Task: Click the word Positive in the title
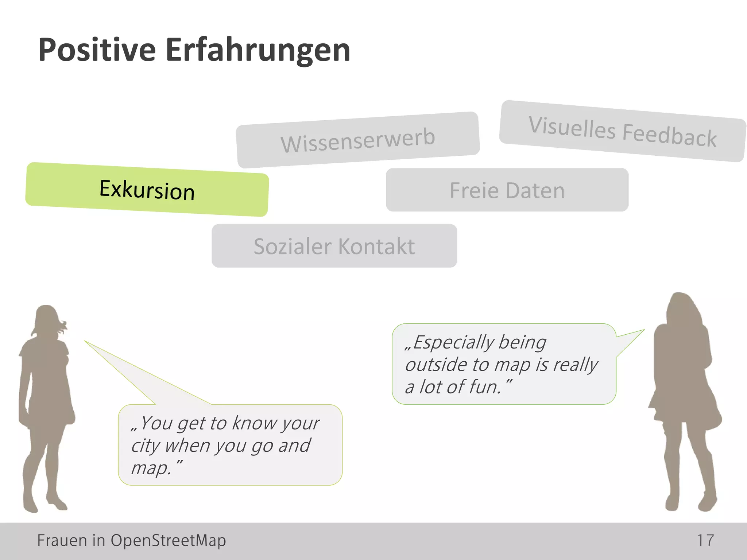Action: tap(97, 50)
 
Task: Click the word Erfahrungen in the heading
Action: tap(258, 50)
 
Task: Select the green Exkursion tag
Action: tap(147, 190)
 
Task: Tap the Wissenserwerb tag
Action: tap(358, 140)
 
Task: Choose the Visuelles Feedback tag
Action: tap(623, 131)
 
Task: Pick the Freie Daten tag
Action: tap(507, 190)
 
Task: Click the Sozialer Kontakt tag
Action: tap(334, 246)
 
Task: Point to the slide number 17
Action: tap(705, 540)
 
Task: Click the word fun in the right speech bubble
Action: tap(484, 387)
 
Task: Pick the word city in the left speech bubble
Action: tap(146, 446)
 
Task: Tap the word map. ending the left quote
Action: tap(150, 468)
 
